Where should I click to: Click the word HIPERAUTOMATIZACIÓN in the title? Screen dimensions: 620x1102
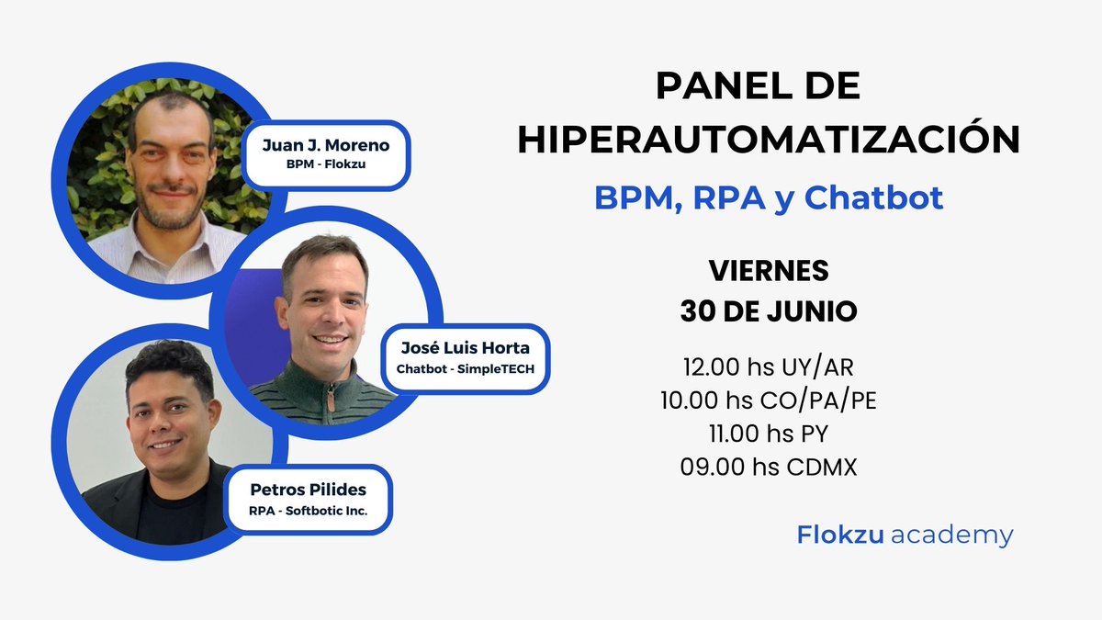769,140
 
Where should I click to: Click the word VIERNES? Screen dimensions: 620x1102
769,272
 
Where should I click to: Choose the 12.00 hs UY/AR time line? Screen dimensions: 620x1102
769,366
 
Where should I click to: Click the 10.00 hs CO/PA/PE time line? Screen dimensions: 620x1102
769,400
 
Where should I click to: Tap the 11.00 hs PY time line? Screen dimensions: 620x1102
769,434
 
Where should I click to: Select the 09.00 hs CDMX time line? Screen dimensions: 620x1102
769,467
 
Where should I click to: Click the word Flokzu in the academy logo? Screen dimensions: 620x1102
839,535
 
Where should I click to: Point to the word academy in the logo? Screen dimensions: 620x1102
951,535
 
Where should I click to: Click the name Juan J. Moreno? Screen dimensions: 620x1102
325,144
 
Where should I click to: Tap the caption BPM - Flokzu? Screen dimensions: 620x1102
325,167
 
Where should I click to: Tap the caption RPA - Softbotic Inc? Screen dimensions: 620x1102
308,511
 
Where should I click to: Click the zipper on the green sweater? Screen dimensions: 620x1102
330,395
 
